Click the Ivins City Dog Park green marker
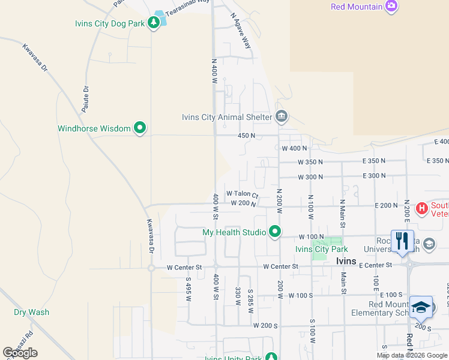[154, 23]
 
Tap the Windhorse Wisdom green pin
[140, 128]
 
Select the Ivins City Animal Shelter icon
[282, 116]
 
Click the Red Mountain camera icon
[392, 7]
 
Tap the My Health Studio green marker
[275, 232]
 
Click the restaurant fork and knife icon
[402, 241]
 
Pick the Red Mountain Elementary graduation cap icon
[421, 307]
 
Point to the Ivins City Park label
[321, 249]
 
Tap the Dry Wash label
[32, 312]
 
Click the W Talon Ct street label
[242, 194]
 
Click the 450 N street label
[246, 136]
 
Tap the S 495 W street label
[188, 288]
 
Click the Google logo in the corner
[20, 353]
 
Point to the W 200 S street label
[265, 325]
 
